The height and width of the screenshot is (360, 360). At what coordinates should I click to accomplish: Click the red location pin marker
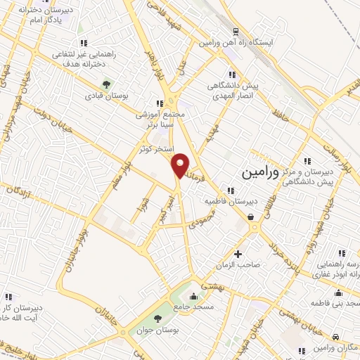coord(180,165)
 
